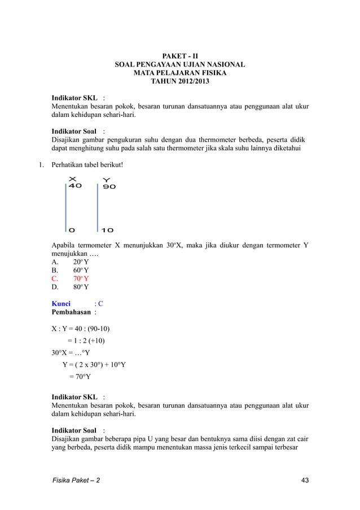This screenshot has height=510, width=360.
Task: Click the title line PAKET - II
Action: (180, 56)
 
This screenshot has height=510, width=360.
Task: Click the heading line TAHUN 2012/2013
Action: (180, 82)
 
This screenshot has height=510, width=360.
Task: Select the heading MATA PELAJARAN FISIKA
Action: (180, 73)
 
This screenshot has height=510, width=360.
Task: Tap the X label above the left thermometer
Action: (72, 179)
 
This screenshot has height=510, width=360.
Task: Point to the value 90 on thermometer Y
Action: (109, 186)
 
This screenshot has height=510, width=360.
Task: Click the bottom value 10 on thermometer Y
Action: (108, 230)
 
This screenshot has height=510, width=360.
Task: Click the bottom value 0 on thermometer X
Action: (72, 230)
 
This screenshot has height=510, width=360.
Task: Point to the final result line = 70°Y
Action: (82, 376)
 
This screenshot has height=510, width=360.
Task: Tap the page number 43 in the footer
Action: (305, 480)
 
